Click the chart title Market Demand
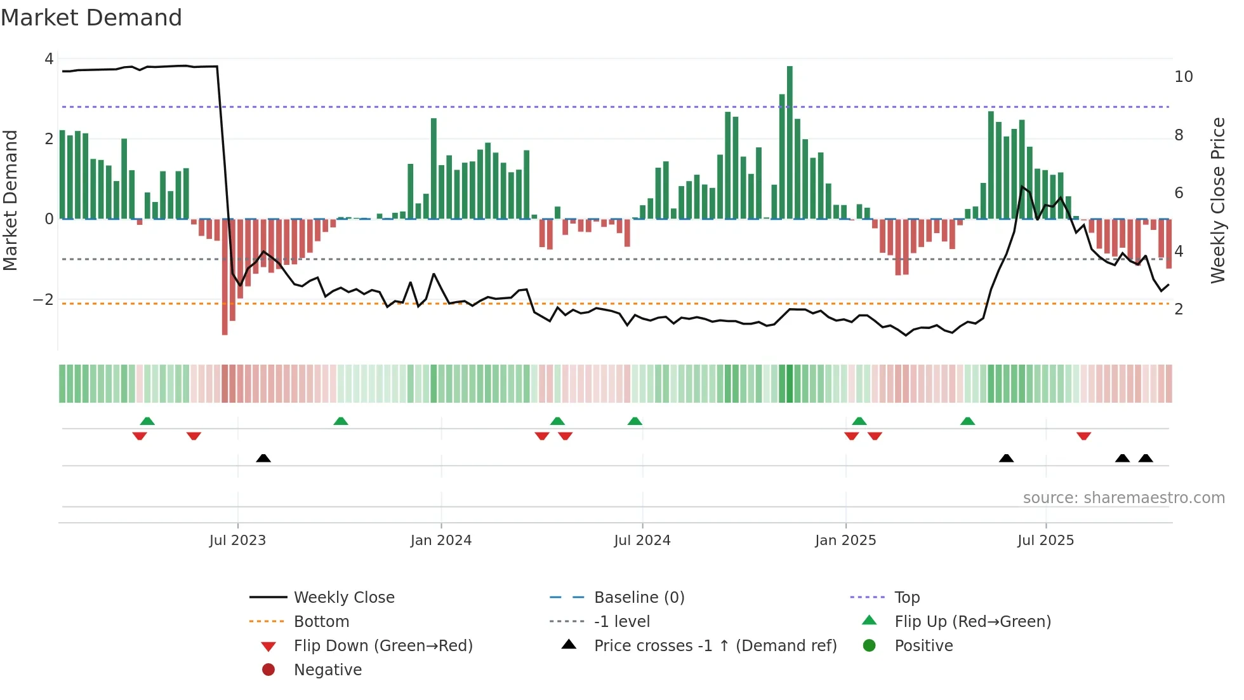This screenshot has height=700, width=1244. point(91,18)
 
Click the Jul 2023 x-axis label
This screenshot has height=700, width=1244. point(237,540)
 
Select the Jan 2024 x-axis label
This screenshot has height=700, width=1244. point(440,540)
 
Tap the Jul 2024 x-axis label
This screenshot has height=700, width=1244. point(642,540)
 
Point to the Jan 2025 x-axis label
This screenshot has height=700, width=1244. point(845,540)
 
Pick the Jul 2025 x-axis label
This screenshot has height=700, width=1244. point(1045,540)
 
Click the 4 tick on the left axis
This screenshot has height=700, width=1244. point(49,59)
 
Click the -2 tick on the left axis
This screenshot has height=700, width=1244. point(43,299)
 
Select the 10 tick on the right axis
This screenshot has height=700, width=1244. point(1183,77)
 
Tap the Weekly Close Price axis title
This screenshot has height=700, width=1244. point(1217,200)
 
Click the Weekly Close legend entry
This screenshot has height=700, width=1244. point(343,597)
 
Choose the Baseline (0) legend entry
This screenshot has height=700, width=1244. point(639,597)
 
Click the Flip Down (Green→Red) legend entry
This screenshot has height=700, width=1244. point(383,645)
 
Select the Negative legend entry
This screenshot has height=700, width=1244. point(328,670)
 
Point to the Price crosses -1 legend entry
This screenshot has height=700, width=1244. point(715,645)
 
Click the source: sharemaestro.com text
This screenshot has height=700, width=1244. point(1123,497)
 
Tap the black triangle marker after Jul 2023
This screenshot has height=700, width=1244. point(263,458)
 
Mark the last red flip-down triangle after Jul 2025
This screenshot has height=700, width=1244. point(1083,436)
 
